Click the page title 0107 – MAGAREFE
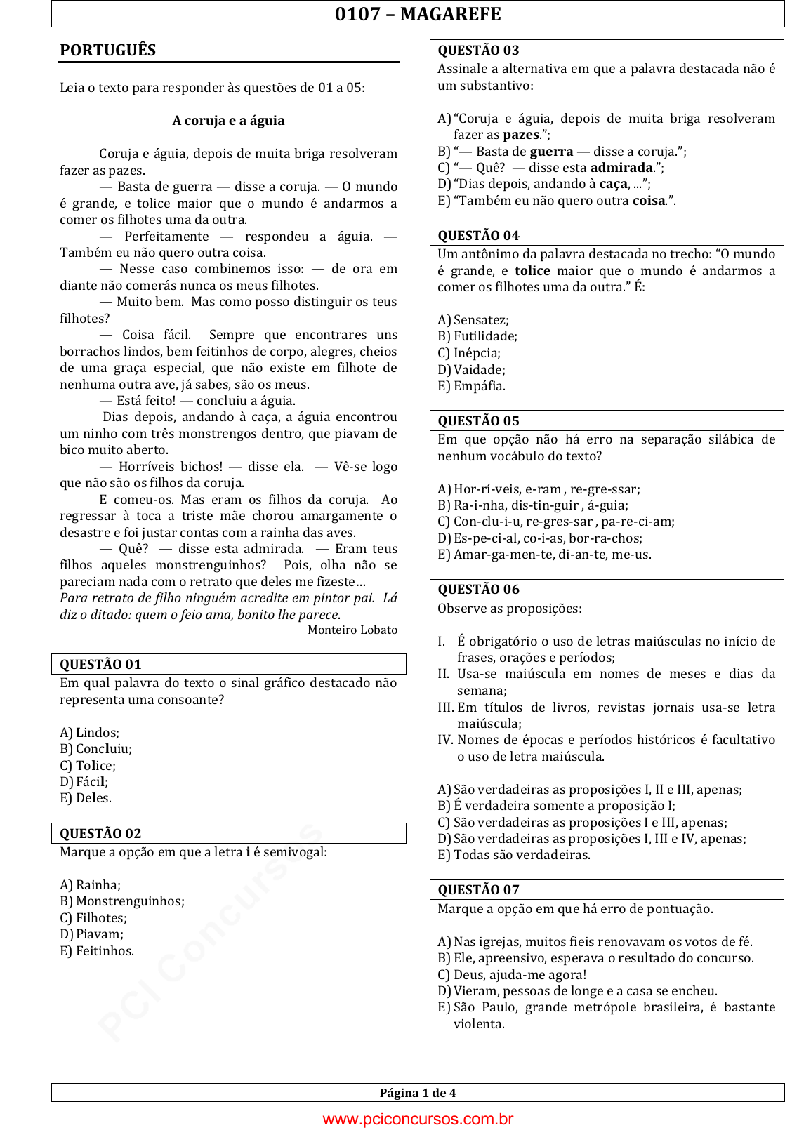418,14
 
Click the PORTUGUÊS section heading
108,51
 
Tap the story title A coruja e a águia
228,121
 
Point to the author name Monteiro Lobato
352,630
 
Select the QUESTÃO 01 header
100,665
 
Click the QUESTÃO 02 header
100,834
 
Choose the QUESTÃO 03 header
478,51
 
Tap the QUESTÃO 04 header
478,236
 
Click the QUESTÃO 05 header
478,421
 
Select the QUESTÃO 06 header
478,590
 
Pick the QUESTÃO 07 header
478,890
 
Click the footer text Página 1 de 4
418,1093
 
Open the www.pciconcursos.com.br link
418,1120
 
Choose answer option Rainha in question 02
98,885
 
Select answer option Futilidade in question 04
484,336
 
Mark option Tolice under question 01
95,766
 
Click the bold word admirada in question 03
621,168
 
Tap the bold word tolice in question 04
532,271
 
